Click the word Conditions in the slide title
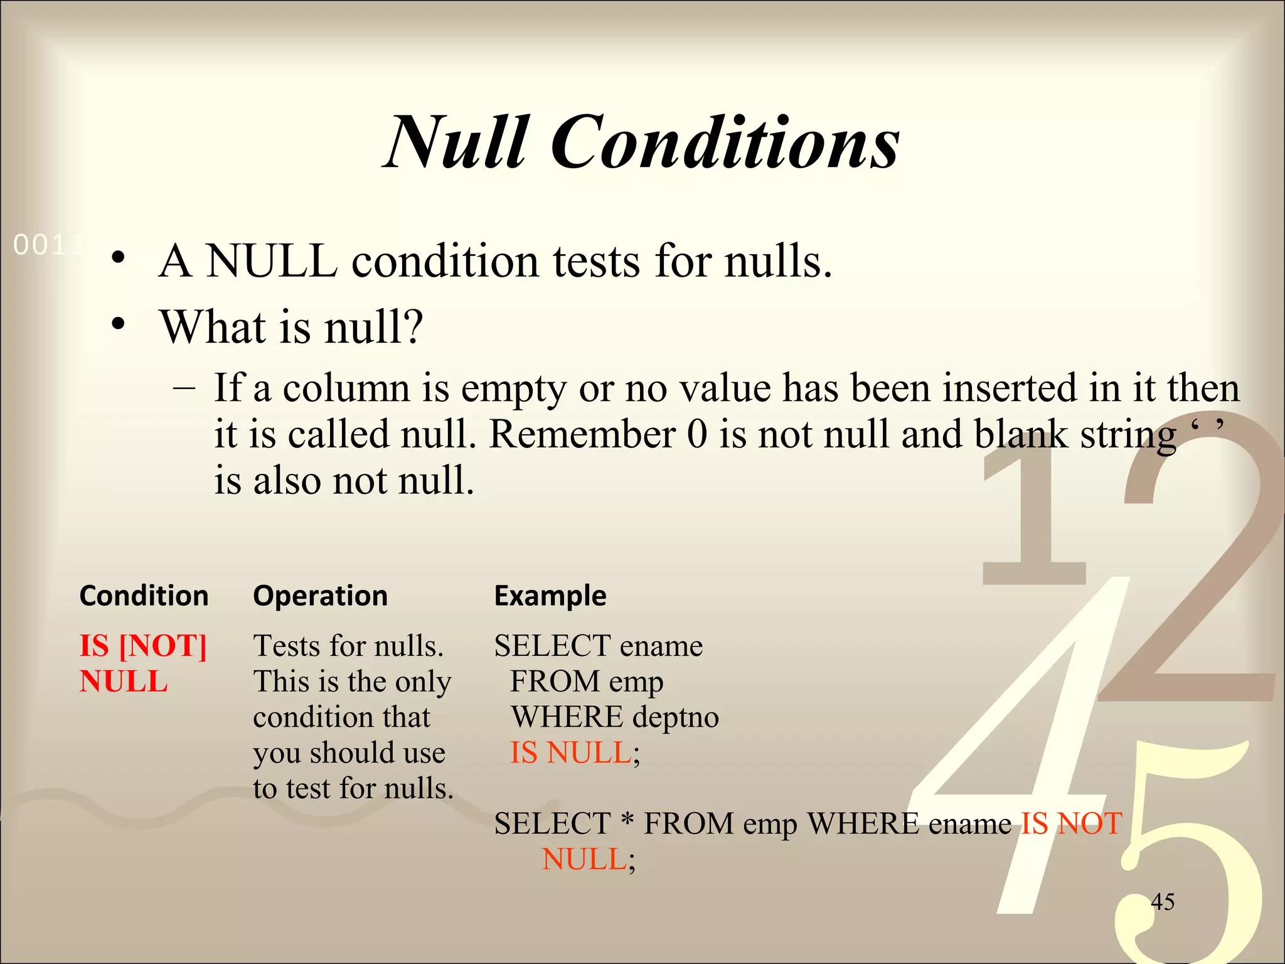725,143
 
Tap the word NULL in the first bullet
272,261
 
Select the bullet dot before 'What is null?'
118,324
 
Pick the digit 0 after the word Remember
696,434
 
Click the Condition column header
144,596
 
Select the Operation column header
320,596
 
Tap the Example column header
550,596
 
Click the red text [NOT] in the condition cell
163,646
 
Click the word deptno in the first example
676,717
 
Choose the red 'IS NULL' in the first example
570,752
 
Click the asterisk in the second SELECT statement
626,821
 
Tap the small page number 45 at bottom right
1163,902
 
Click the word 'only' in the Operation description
424,682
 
